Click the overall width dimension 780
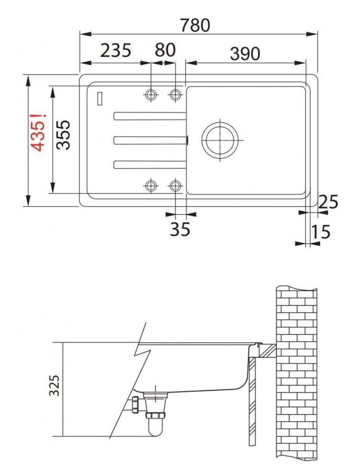(x=195, y=25)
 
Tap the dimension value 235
(x=116, y=51)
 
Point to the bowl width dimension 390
(x=245, y=54)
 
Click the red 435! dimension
(x=39, y=132)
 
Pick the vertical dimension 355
(x=64, y=135)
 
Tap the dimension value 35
(x=180, y=230)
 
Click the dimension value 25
(x=328, y=202)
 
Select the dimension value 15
(x=320, y=232)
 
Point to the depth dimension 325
(x=54, y=385)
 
